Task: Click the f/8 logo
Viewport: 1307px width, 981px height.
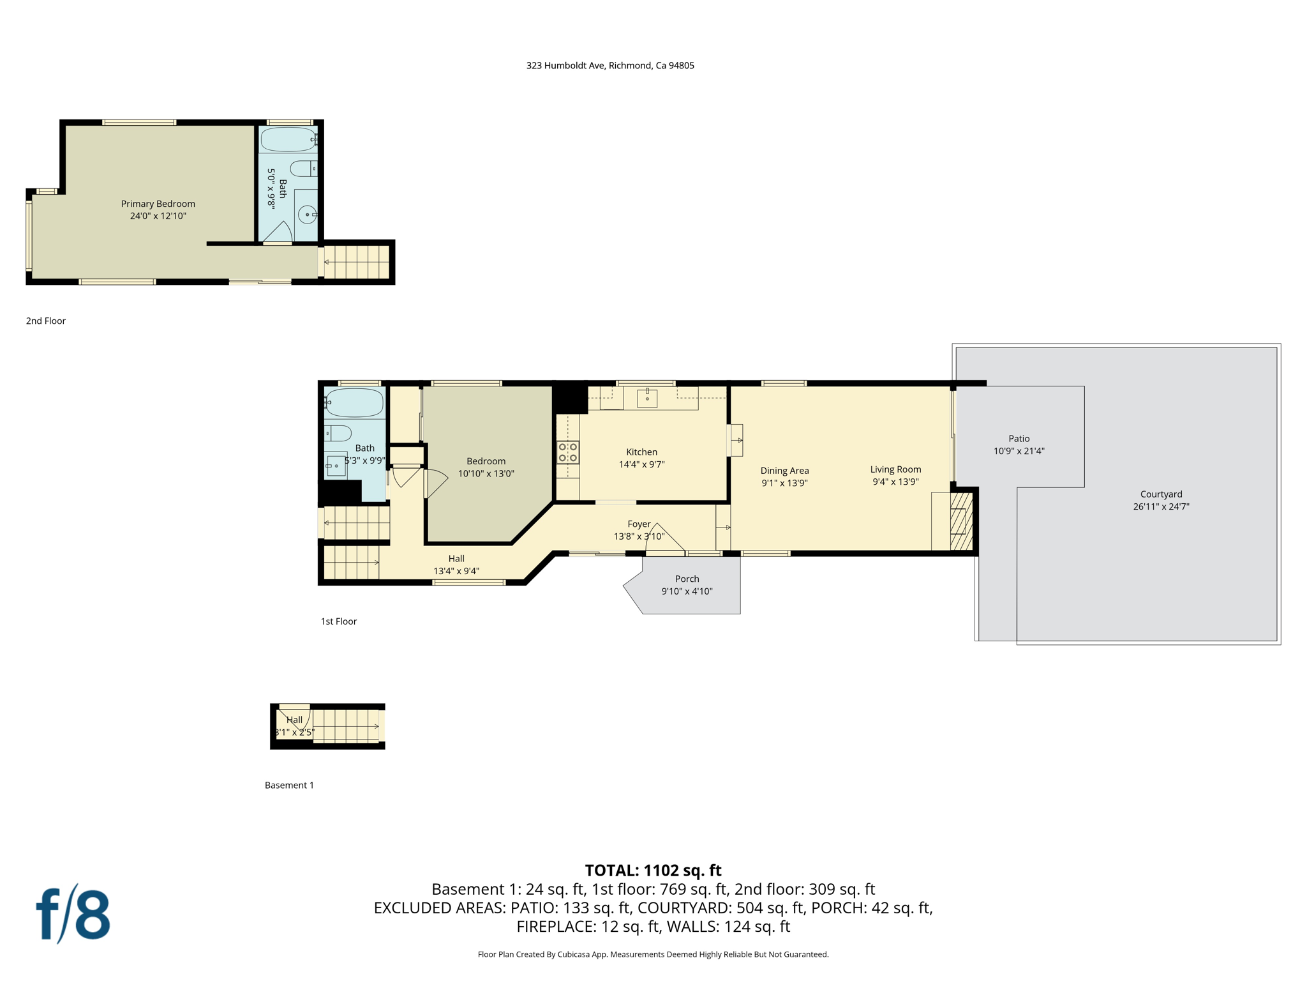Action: [x=73, y=914]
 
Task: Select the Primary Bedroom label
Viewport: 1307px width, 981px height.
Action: [x=158, y=204]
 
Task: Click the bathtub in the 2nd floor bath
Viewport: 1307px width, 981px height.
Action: [x=288, y=139]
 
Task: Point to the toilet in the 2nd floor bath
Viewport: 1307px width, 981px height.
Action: [x=302, y=169]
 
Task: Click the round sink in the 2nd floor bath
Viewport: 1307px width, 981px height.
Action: [x=307, y=215]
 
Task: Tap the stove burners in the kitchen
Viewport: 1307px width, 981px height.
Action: [x=568, y=452]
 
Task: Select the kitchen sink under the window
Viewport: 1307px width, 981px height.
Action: [x=647, y=398]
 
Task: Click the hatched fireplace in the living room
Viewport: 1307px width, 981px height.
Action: [x=961, y=521]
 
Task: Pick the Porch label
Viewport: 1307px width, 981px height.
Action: [x=687, y=579]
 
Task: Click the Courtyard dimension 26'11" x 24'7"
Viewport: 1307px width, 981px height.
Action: [x=1161, y=506]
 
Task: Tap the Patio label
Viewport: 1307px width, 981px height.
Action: [x=1019, y=438]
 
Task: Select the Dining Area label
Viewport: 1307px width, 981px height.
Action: [x=784, y=471]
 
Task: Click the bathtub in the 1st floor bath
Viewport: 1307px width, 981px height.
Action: [x=355, y=402]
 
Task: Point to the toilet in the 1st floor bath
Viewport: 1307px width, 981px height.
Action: [x=339, y=433]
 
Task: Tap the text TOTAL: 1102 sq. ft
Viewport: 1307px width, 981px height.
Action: [x=653, y=871]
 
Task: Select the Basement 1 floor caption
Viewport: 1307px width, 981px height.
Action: [x=289, y=785]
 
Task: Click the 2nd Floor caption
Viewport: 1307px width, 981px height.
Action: [x=46, y=321]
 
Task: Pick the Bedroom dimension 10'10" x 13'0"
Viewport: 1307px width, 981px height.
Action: [x=486, y=473]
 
